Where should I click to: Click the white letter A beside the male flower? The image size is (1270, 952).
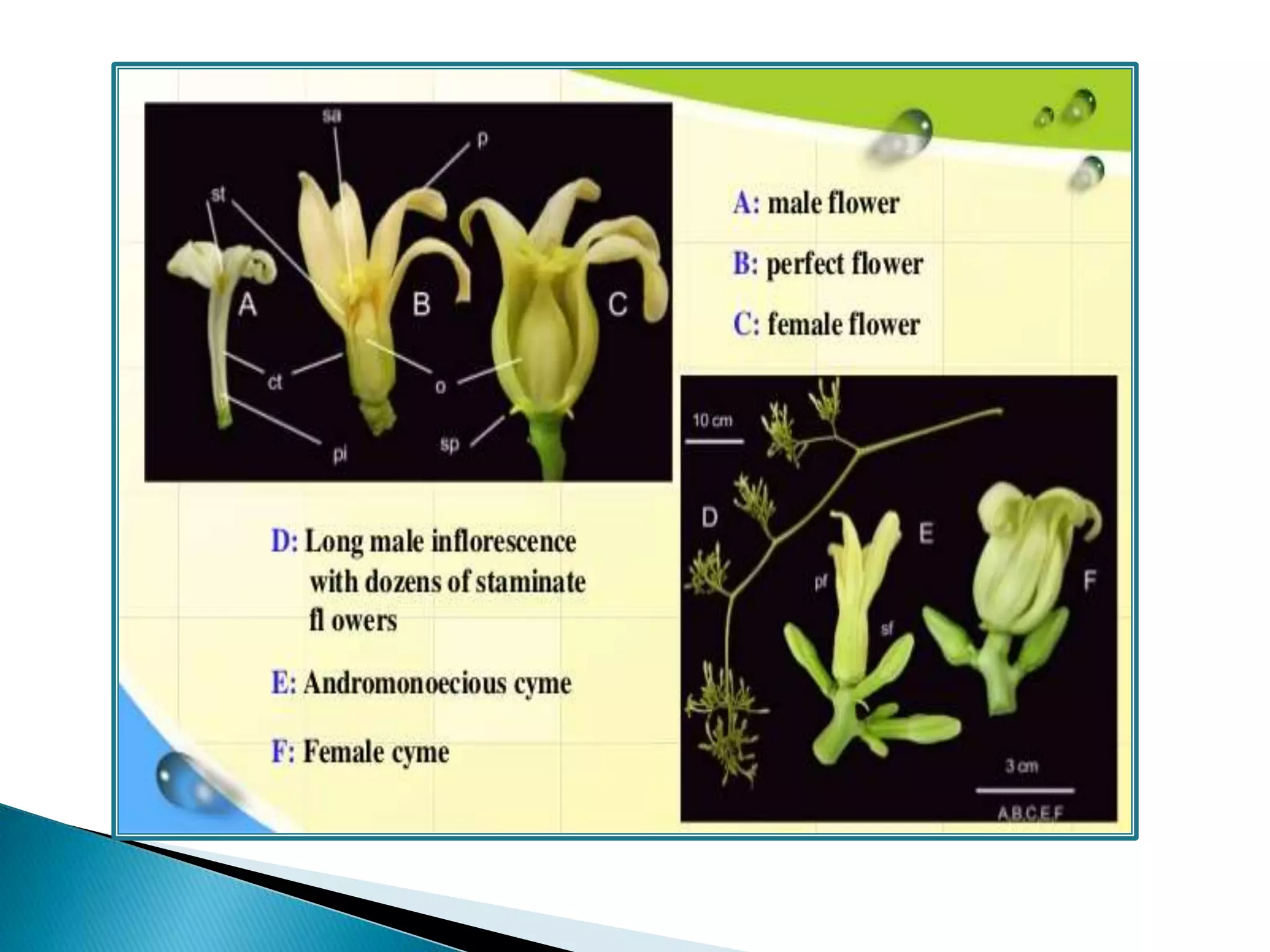pos(247,304)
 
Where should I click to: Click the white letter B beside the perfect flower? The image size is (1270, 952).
pos(422,304)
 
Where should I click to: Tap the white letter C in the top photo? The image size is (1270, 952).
pos(617,304)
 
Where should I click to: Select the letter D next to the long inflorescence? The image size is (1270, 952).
pos(709,517)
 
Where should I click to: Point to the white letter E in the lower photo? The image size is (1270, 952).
pos(926,533)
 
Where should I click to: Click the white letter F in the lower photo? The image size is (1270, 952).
pos(1090,581)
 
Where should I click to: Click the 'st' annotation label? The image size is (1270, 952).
pos(218,195)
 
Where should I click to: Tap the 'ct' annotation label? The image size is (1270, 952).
pos(275,382)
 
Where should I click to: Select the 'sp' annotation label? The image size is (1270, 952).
pos(450,444)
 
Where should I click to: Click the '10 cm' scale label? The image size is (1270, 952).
pos(713,421)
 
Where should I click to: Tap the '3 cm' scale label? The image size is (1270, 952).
pos(1021,766)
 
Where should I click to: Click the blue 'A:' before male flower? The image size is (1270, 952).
pos(746,203)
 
